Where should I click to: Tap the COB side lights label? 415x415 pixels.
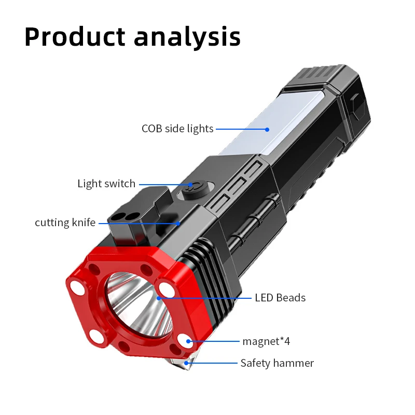pyautogui.click(x=177, y=129)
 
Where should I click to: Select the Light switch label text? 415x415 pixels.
pyautogui.click(x=106, y=184)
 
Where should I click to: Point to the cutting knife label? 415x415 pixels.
pyautogui.click(x=65, y=223)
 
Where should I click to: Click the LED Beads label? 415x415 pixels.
pyautogui.click(x=280, y=298)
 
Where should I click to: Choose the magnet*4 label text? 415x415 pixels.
pyautogui.click(x=266, y=341)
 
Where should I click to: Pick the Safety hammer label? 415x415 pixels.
pyautogui.click(x=277, y=363)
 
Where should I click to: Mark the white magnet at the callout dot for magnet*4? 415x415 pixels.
pyautogui.click(x=187, y=341)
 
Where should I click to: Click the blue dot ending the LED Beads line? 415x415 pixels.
pyautogui.click(x=159, y=298)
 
